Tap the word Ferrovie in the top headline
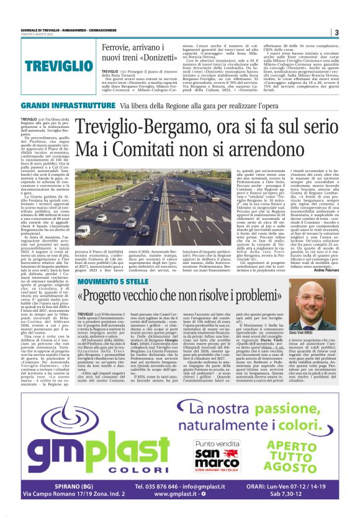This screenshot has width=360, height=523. tap(119, 48)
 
